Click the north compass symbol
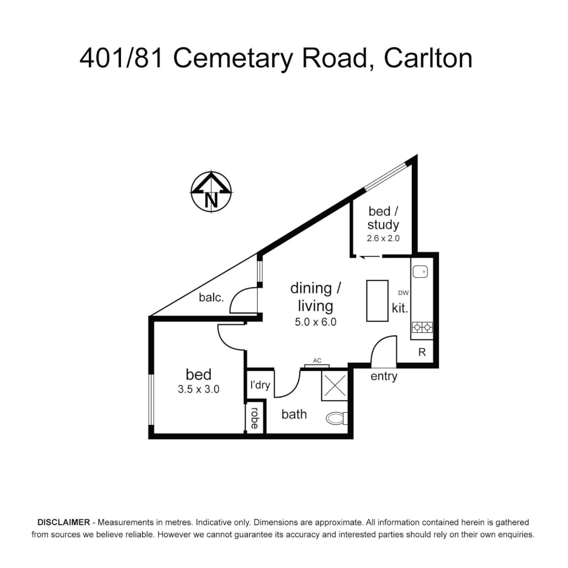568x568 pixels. [x=211, y=192]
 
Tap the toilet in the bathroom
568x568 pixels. [x=337, y=418]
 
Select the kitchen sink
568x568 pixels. [x=420, y=271]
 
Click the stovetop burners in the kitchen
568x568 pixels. [x=422, y=327]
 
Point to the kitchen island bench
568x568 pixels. [x=377, y=300]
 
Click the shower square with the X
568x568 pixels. [x=334, y=386]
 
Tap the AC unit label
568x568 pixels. [x=317, y=361]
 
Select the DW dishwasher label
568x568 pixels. [x=403, y=293]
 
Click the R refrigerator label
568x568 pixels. [x=422, y=352]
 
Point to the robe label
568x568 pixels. [x=255, y=419]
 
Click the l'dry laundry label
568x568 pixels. [x=260, y=385]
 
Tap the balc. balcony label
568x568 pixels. [x=211, y=297]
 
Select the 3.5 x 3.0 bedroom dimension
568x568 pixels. [x=199, y=390]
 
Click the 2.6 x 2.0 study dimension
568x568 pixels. [x=383, y=238]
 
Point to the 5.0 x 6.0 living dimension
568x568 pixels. [x=316, y=322]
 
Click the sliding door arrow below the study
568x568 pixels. [x=369, y=257]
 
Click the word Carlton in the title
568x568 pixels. [x=428, y=58]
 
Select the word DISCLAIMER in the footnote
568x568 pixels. [x=63, y=523]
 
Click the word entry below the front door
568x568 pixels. [x=384, y=377]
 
